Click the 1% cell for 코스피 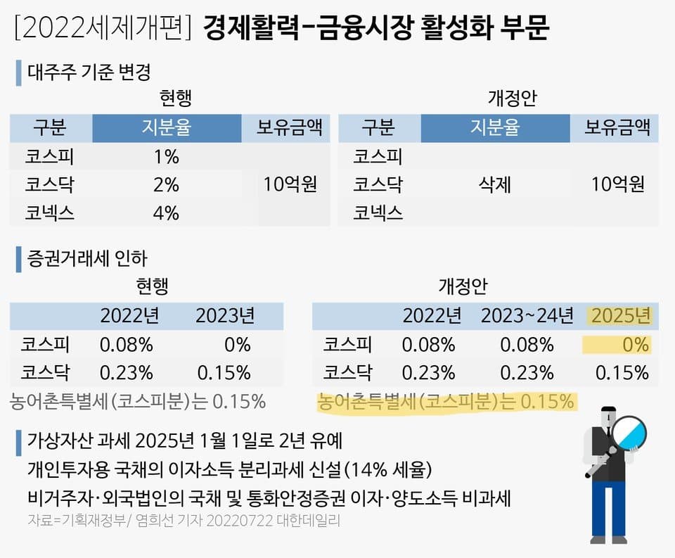(166, 157)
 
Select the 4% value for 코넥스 (166, 212)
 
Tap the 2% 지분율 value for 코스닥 (166, 184)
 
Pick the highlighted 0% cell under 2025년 (634, 345)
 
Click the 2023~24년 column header (527, 315)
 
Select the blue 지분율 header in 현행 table (166, 128)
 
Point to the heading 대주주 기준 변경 (89, 72)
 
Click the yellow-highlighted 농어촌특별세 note (446, 402)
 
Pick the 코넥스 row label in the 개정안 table (378, 212)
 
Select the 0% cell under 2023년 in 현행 (238, 345)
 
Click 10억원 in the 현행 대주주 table (290, 184)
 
